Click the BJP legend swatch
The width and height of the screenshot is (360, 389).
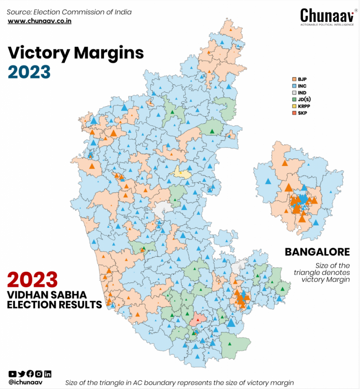[x=294, y=79]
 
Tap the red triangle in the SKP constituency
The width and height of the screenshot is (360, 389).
[x=197, y=320]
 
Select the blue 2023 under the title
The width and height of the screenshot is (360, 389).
[x=29, y=72]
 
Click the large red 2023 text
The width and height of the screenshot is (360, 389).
[x=33, y=280]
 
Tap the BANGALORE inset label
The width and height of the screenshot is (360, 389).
[x=317, y=252]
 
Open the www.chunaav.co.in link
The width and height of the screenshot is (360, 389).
[x=39, y=21]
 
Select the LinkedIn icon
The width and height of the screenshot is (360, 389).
[x=47, y=374]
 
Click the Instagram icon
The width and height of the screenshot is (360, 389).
[x=39, y=374]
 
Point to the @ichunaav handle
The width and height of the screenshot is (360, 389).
[x=25, y=383]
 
